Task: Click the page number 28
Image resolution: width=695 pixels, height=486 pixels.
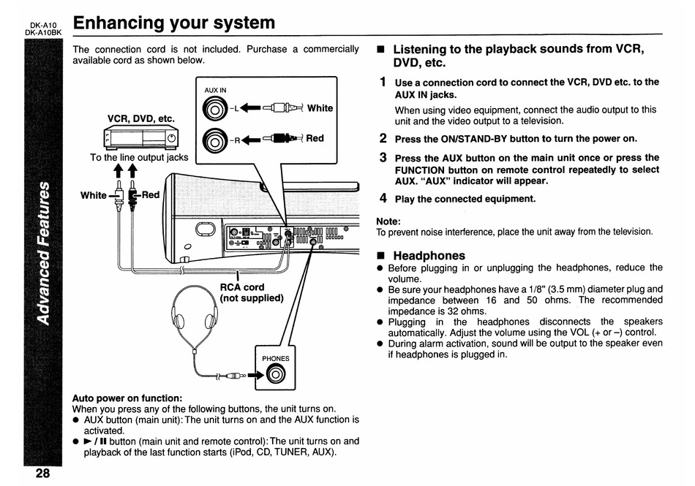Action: (42, 473)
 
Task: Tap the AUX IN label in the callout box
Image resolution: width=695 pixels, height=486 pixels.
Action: (216, 91)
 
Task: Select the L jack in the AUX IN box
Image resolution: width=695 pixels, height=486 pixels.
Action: (215, 109)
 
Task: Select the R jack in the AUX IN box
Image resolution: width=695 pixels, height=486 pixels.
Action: (215, 138)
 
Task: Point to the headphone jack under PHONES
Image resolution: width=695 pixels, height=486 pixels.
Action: (275, 376)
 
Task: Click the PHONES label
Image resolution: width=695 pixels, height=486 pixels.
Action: (276, 359)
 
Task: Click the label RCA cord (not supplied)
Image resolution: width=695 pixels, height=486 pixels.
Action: (252, 292)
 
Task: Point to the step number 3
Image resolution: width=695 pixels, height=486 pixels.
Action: (383, 157)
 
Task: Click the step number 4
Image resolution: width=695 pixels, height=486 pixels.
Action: (383, 198)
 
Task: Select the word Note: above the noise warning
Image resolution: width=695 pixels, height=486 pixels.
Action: (388, 221)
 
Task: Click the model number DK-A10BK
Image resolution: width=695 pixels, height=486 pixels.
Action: (44, 32)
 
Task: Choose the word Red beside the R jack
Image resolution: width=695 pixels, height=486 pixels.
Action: (315, 137)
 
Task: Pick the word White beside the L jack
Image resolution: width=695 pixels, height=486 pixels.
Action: (320, 108)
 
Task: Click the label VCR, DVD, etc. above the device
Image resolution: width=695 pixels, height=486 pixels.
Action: (141, 118)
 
